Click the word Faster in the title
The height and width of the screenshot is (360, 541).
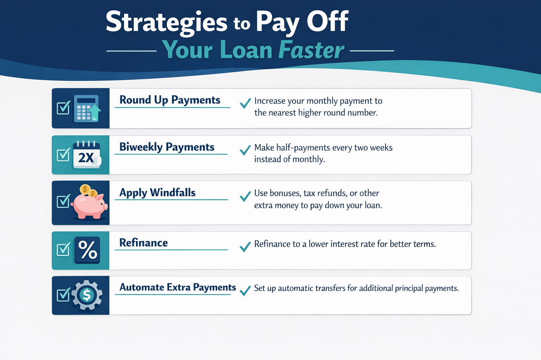[311, 50]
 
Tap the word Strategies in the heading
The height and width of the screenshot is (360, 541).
[167, 22]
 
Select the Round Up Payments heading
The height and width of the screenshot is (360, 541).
[170, 100]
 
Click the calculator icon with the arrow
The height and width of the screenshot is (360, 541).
[87, 109]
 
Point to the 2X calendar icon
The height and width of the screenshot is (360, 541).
[87, 155]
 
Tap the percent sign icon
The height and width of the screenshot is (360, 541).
[87, 250]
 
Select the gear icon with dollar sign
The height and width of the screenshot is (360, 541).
[87, 295]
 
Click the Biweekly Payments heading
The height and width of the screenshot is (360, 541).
[167, 147]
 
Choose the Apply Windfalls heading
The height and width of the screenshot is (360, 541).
[157, 193]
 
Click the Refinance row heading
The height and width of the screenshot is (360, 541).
[143, 243]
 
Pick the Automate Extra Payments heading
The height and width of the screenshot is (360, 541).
[178, 288]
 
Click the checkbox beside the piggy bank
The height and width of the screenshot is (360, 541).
[63, 201]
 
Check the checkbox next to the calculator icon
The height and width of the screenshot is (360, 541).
[63, 108]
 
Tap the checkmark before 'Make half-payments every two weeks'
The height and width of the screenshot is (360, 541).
[245, 150]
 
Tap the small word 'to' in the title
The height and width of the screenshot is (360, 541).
[242, 24]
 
